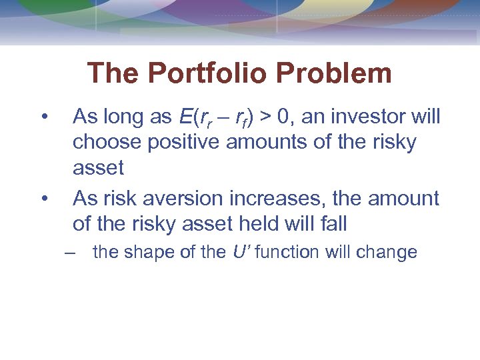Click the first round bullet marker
43,117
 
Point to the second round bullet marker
43,199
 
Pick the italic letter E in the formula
185,117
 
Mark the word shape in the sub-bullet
151,253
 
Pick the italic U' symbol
239,252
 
